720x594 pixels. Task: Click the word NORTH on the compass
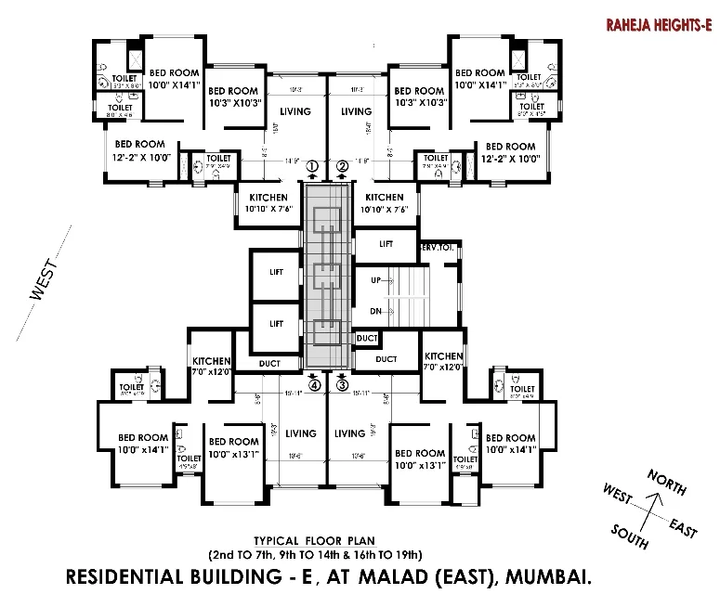(x=668, y=483)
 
